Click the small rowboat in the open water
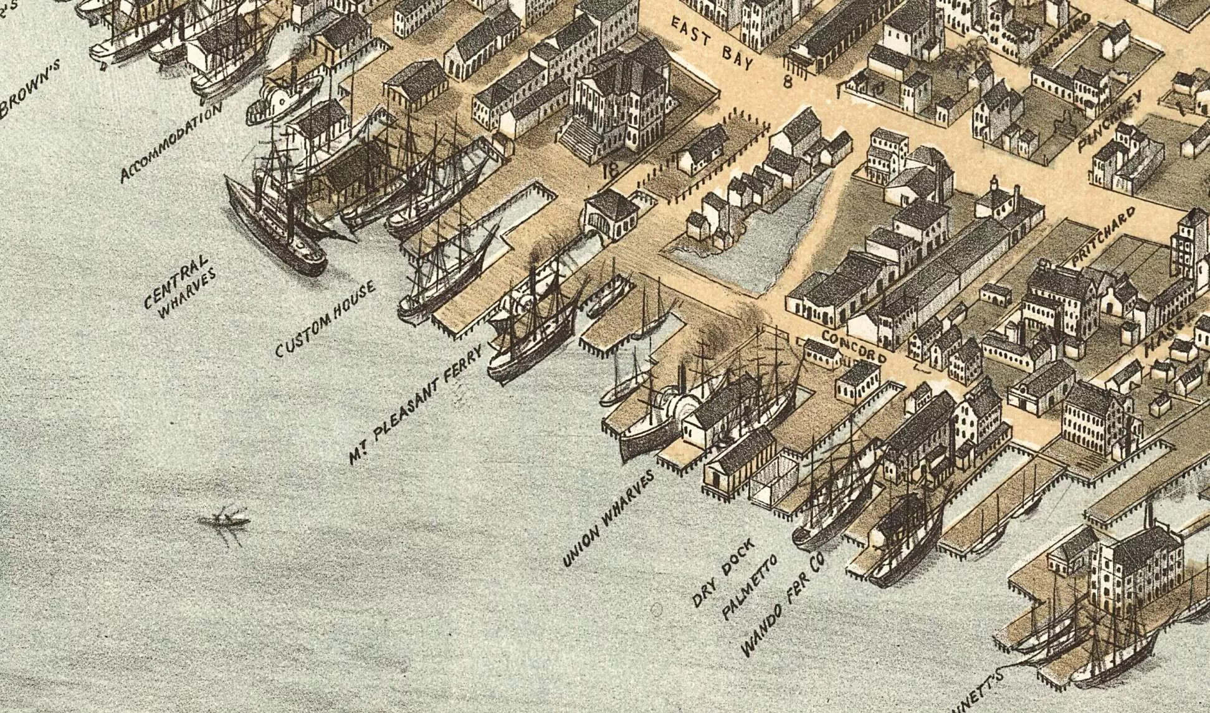(x=224, y=520)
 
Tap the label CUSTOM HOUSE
(x=325, y=319)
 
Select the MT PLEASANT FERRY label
(x=416, y=405)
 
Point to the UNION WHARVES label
(x=609, y=519)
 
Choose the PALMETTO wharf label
(x=750, y=587)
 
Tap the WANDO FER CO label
(x=783, y=605)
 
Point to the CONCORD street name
(x=854, y=347)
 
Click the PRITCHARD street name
(x=1103, y=237)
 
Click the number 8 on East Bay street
(x=787, y=80)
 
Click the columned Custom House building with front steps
(x=617, y=106)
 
